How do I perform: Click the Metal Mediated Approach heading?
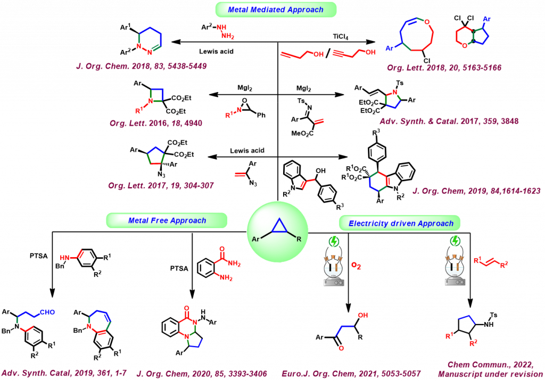tap(276, 10)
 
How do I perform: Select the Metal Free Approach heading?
tap(167, 221)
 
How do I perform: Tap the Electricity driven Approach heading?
tap(401, 223)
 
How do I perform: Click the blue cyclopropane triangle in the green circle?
tap(278, 227)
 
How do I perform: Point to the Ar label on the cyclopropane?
tap(256, 240)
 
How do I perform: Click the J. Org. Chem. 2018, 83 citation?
tap(141, 66)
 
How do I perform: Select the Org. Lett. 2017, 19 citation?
tap(161, 185)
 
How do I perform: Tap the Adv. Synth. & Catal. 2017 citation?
tap(449, 121)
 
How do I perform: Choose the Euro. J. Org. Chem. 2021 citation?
tap(351, 374)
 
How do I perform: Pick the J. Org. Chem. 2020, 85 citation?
tap(202, 374)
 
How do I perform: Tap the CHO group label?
tap(47, 312)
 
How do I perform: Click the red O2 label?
tap(356, 265)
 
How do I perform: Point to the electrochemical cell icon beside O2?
tap(334, 261)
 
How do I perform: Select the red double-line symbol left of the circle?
tap(240, 174)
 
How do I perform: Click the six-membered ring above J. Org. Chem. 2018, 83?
tap(151, 41)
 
